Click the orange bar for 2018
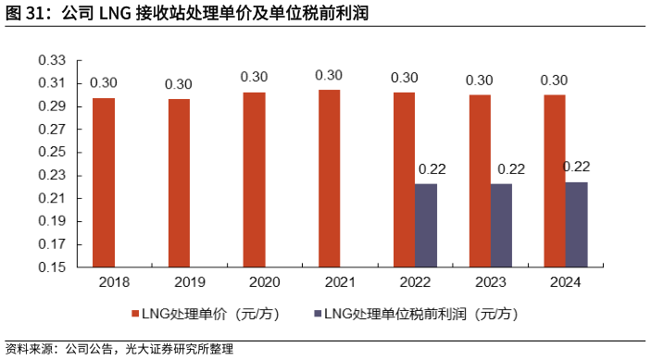point(104,182)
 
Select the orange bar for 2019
point(179,183)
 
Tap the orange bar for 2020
point(254,180)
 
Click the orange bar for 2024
point(554,181)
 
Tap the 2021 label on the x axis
point(340,282)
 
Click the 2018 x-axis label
point(114,282)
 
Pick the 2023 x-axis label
point(490,282)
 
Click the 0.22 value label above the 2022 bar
point(432,168)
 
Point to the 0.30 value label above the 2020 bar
point(254,77)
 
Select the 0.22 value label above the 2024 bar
point(577,167)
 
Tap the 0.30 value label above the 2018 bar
point(104,81)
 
